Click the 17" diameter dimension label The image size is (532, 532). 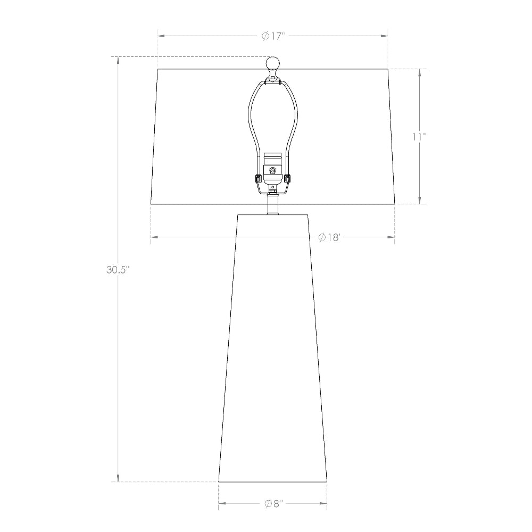pyautogui.click(x=274, y=36)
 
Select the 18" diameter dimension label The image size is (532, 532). pyautogui.click(x=329, y=237)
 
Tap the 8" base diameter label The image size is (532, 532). pyautogui.click(x=273, y=503)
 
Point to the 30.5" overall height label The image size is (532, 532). pyautogui.click(x=118, y=270)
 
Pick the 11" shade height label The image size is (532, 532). pyautogui.click(x=420, y=137)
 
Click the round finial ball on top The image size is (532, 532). pyautogui.click(x=273, y=63)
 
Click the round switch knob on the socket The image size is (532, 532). pyautogui.click(x=272, y=170)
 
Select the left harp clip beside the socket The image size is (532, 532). pyautogui.click(x=257, y=178)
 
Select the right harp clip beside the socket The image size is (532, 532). pyautogui.click(x=288, y=178)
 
